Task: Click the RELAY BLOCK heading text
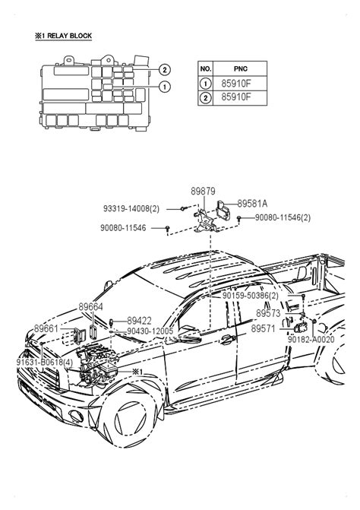pos(63,36)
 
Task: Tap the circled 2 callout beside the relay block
pos(165,69)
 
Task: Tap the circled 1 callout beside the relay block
pos(165,87)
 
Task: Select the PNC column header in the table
pos(241,68)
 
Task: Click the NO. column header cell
pos(206,68)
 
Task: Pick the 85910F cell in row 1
pos(236,84)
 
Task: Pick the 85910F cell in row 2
pos(236,97)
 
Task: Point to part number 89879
pos(203,192)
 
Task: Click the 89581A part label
pos(252,204)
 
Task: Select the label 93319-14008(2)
pos(131,208)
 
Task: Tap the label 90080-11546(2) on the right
pos(283,217)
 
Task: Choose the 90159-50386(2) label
pos(251,296)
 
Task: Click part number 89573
pos(268,314)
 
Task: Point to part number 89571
pos(264,328)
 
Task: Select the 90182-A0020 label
pos(311,340)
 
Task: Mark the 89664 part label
pos(90,307)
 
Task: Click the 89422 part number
pos(139,321)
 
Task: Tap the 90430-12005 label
pos(150,331)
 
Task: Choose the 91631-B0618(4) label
pos(45,363)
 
